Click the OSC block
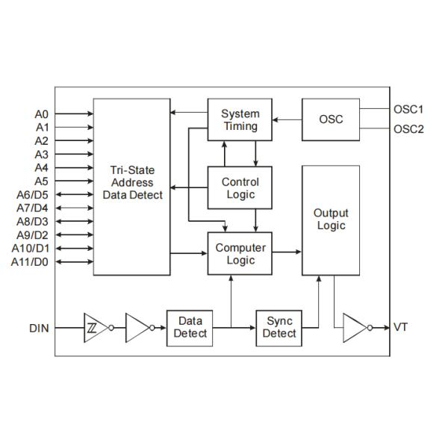(x=331, y=119)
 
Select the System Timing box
(x=240, y=119)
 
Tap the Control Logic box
(x=240, y=188)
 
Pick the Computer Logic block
(x=240, y=254)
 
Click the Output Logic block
(x=331, y=220)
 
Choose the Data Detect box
(x=190, y=327)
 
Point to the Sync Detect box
(x=279, y=327)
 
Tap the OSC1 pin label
(x=408, y=108)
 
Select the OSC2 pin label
(x=408, y=129)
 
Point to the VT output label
(x=400, y=328)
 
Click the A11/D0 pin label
(x=31, y=262)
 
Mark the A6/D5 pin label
(x=32, y=195)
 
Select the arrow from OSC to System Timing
(x=287, y=119)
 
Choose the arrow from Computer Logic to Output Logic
(x=287, y=254)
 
